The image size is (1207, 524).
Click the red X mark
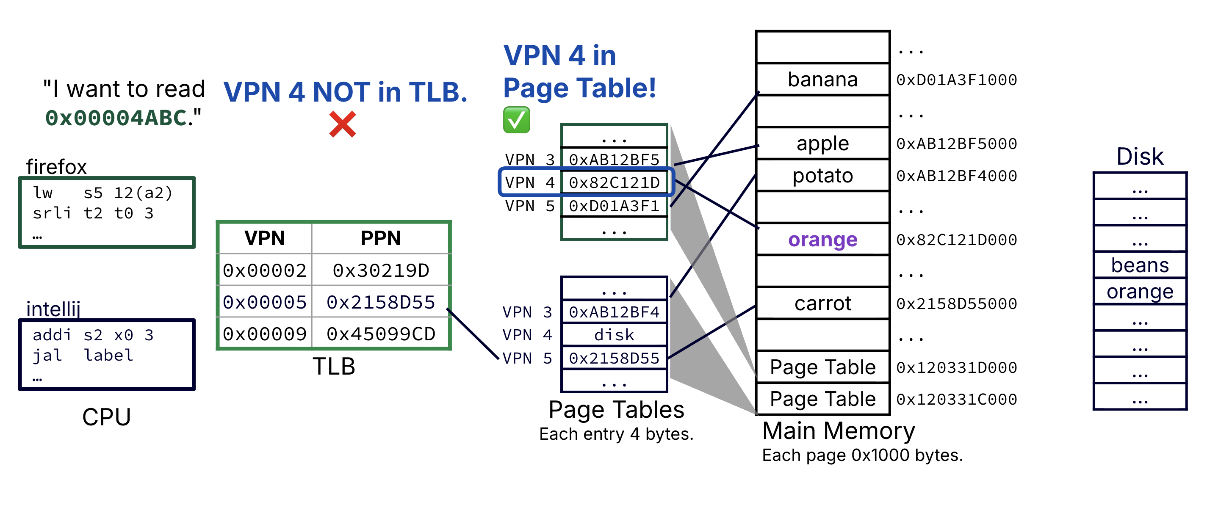pyautogui.click(x=343, y=124)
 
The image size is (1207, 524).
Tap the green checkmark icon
pyautogui.click(x=516, y=120)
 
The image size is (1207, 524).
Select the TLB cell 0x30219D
pyautogui.click(x=380, y=270)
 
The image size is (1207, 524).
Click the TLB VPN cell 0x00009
pyautogui.click(x=265, y=334)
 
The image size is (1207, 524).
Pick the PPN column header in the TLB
pyautogui.click(x=380, y=238)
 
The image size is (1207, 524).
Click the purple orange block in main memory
pyautogui.click(x=822, y=239)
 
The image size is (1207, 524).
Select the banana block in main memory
pyautogui.click(x=822, y=79)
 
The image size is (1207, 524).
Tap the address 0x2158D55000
pyautogui.click(x=956, y=303)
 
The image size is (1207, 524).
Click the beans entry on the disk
pyautogui.click(x=1140, y=265)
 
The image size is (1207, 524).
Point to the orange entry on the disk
pyautogui.click(x=1140, y=291)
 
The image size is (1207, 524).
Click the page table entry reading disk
pyautogui.click(x=614, y=335)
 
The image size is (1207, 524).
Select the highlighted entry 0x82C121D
pyautogui.click(x=614, y=182)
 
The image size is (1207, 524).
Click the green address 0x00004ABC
pyautogui.click(x=116, y=118)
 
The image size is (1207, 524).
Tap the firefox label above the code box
pyautogui.click(x=56, y=167)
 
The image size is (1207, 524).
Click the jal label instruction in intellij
pyautogui.click(x=83, y=356)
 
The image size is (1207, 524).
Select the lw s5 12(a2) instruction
pyautogui.click(x=102, y=193)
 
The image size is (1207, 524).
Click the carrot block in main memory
pyautogui.click(x=822, y=303)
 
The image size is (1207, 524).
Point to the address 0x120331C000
pyautogui.click(x=956, y=400)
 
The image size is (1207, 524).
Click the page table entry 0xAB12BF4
pyautogui.click(x=614, y=312)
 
